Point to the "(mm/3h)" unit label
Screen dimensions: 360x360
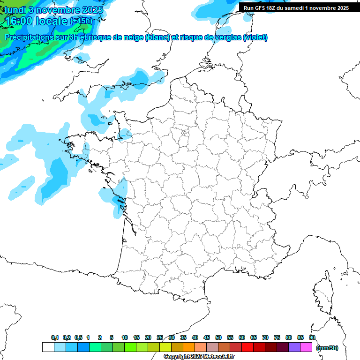pyautogui.click(x=327, y=348)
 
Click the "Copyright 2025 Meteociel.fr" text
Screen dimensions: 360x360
pyautogui.click(x=199, y=357)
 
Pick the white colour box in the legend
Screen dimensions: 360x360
pyautogui.click(x=48, y=347)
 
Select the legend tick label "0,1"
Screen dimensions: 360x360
pyautogui.click(x=55, y=337)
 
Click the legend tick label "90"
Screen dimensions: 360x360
pyautogui.click(x=312, y=337)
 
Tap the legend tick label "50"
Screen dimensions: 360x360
pyautogui.click(x=218, y=337)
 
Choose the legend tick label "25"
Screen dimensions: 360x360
pyautogui.click(x=160, y=337)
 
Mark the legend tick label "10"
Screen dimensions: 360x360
pyautogui.click(x=125, y=337)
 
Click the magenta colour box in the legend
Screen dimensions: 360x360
pyautogui.click(x=306, y=347)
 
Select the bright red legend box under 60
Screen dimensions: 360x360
pyautogui.click(x=247, y=347)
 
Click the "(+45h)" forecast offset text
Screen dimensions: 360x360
pyautogui.click(x=81, y=21)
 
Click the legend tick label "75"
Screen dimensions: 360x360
pyautogui.click(x=277, y=337)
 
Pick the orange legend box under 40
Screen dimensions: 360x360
pyautogui.click(x=189, y=347)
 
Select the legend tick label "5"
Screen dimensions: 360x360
pyautogui.click(x=112, y=337)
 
